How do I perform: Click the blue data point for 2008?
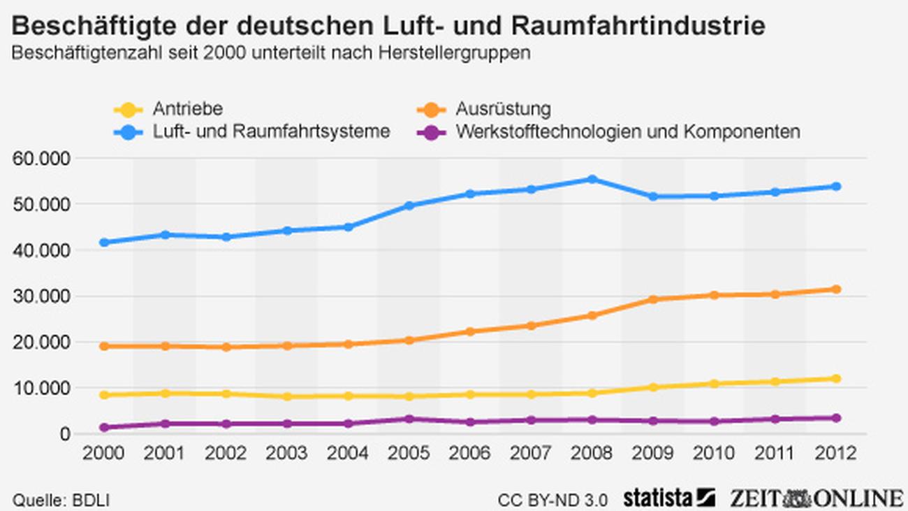tap(592, 180)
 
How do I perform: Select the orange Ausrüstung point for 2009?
tap(653, 299)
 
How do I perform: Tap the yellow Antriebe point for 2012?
tap(835, 379)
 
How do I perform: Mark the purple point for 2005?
tap(409, 419)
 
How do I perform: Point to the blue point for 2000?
tap(104, 243)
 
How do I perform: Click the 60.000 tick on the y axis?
tap(42, 158)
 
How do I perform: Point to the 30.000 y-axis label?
tap(42, 296)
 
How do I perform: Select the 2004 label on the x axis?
tap(349, 453)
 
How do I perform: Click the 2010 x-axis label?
tap(714, 453)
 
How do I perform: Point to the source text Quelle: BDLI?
tap(61, 501)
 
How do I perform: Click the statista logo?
tap(669, 498)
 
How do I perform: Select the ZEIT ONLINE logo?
tap(816, 498)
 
